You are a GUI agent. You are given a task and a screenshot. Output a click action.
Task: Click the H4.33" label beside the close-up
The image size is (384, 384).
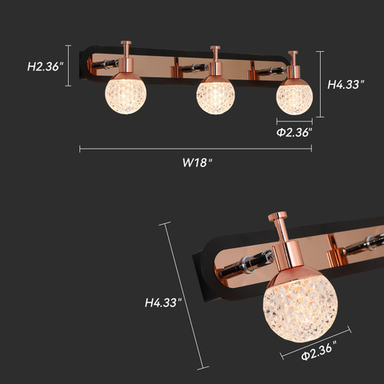163,303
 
